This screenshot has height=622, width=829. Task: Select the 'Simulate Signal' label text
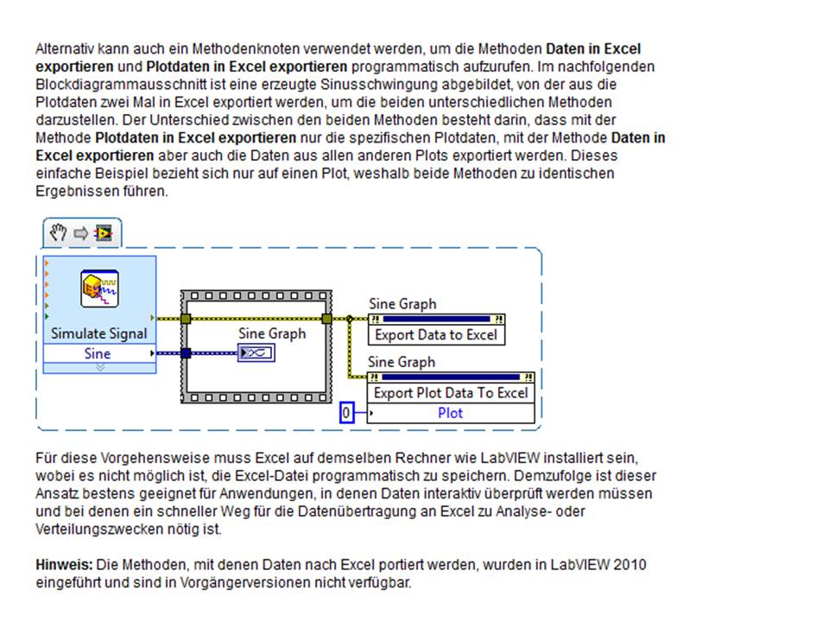(99, 333)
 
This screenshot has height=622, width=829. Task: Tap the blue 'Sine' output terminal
(98, 353)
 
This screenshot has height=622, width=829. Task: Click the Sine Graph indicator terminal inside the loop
(256, 352)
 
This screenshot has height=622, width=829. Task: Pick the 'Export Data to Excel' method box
(436, 335)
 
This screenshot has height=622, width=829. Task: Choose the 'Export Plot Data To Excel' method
(451, 393)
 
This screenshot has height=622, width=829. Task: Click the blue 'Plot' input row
(451, 413)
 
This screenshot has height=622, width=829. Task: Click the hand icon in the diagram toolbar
(59, 232)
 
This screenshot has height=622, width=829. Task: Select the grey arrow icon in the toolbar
(81, 232)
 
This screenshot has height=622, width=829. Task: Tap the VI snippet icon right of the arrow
(104, 232)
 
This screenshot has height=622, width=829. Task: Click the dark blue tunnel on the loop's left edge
(187, 352)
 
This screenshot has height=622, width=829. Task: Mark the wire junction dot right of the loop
(349, 319)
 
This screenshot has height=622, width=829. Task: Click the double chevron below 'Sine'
(98, 367)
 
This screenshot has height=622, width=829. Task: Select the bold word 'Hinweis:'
(64, 565)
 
